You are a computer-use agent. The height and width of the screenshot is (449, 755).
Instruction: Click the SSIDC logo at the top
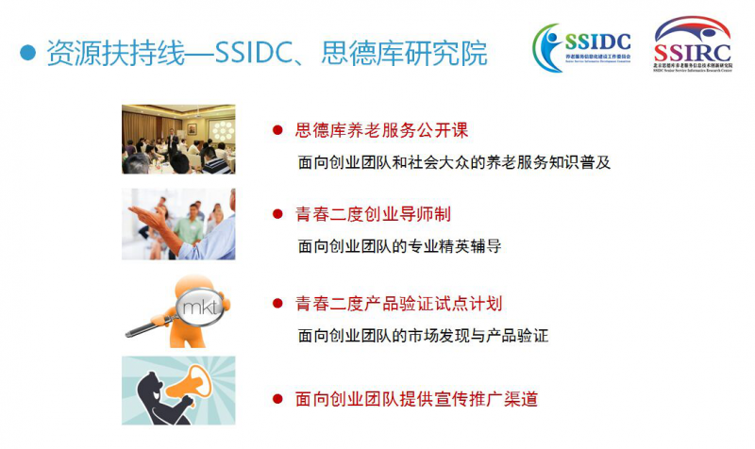pos(584,47)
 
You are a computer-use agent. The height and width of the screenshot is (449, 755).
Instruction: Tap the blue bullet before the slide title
pos(28,53)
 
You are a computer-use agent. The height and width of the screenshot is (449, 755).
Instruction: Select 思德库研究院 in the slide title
pos(415,53)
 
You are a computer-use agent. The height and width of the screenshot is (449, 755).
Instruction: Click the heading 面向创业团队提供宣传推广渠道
pos(416,399)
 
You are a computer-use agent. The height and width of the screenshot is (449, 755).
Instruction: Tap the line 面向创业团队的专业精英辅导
pos(399,246)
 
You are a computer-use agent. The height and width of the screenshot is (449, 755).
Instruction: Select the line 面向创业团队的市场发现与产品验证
pos(423,335)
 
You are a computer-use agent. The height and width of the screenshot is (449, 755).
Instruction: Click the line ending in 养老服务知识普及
pos(455,161)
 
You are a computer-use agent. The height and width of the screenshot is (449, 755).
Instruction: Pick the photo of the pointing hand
pos(178,224)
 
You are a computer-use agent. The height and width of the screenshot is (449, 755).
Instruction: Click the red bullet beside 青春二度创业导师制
pos(277,215)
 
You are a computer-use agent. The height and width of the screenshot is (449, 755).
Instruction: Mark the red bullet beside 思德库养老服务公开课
pos(277,130)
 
